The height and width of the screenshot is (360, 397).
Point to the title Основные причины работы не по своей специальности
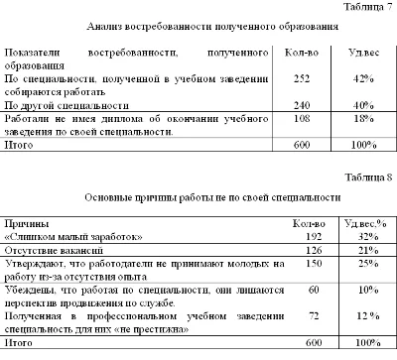(x=198, y=198)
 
